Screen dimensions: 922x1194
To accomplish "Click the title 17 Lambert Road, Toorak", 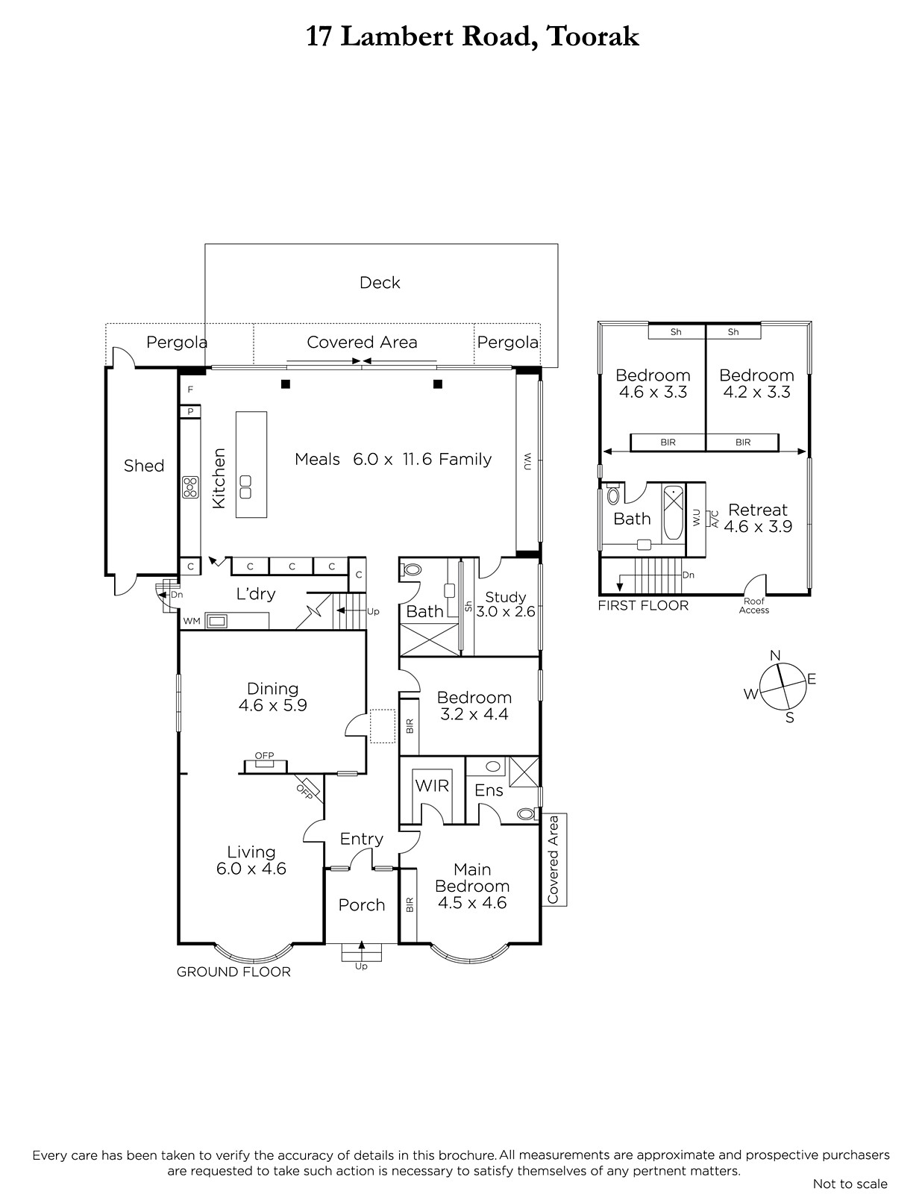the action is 472,37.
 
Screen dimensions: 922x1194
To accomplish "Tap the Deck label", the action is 380,282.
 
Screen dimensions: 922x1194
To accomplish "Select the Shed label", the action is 144,466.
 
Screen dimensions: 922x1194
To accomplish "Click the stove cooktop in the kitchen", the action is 190,487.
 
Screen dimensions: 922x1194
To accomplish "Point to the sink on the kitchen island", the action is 245,487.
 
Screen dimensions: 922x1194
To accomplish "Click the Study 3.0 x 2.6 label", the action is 505,604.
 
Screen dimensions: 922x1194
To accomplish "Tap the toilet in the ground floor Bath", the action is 411,569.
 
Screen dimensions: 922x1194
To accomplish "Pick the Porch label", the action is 361,905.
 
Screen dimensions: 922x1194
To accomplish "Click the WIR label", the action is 432,786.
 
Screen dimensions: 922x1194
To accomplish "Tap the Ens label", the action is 489,790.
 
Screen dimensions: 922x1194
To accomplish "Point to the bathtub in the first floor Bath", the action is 674,513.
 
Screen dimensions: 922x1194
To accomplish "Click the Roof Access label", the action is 754,605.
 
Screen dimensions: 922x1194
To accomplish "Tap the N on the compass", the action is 775,655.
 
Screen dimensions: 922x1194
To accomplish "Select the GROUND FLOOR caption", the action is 233,972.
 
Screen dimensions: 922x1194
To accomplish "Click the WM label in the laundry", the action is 192,621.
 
